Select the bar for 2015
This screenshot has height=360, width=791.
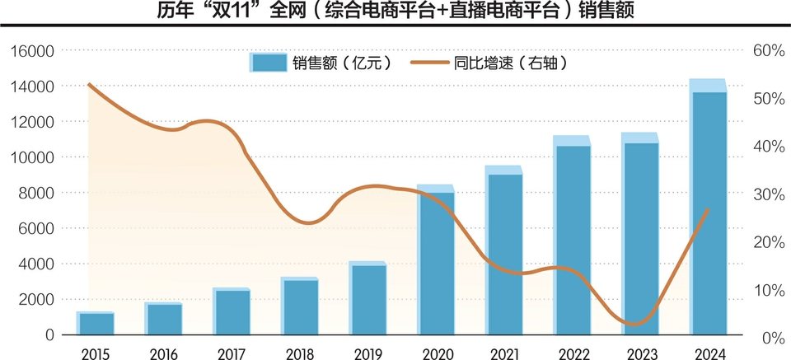click(96, 324)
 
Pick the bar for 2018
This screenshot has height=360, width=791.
click(300, 306)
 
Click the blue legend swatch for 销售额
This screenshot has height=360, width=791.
click(268, 63)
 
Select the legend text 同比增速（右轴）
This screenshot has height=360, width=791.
click(512, 63)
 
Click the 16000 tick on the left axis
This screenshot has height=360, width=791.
click(31, 51)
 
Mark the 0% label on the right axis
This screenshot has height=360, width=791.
click(769, 338)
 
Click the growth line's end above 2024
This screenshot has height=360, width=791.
click(709, 209)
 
